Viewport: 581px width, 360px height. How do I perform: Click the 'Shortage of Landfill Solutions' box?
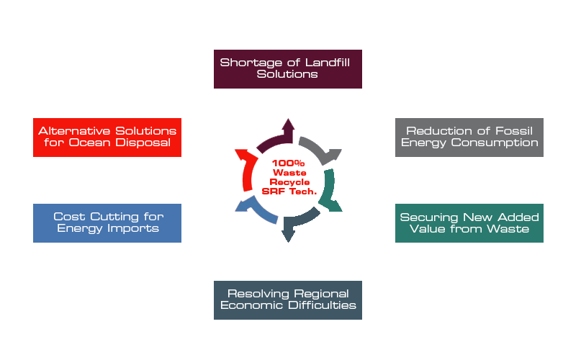[x=287, y=69]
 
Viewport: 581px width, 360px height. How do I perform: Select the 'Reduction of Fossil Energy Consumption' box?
[x=469, y=137]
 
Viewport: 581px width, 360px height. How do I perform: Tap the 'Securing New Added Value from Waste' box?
[x=469, y=223]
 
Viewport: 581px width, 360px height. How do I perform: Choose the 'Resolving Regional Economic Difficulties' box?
[x=287, y=300]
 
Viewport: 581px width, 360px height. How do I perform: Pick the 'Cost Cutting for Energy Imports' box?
[x=107, y=222]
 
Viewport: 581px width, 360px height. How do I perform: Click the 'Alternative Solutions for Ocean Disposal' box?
[x=107, y=137]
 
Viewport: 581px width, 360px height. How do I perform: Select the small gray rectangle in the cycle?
[x=320, y=151]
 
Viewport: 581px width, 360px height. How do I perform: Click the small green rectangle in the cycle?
[x=330, y=189]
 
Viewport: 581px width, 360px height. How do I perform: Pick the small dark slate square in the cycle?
[x=300, y=224]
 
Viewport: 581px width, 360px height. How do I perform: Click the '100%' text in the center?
[x=288, y=165]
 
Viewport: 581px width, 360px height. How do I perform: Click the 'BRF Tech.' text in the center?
[x=288, y=191]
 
